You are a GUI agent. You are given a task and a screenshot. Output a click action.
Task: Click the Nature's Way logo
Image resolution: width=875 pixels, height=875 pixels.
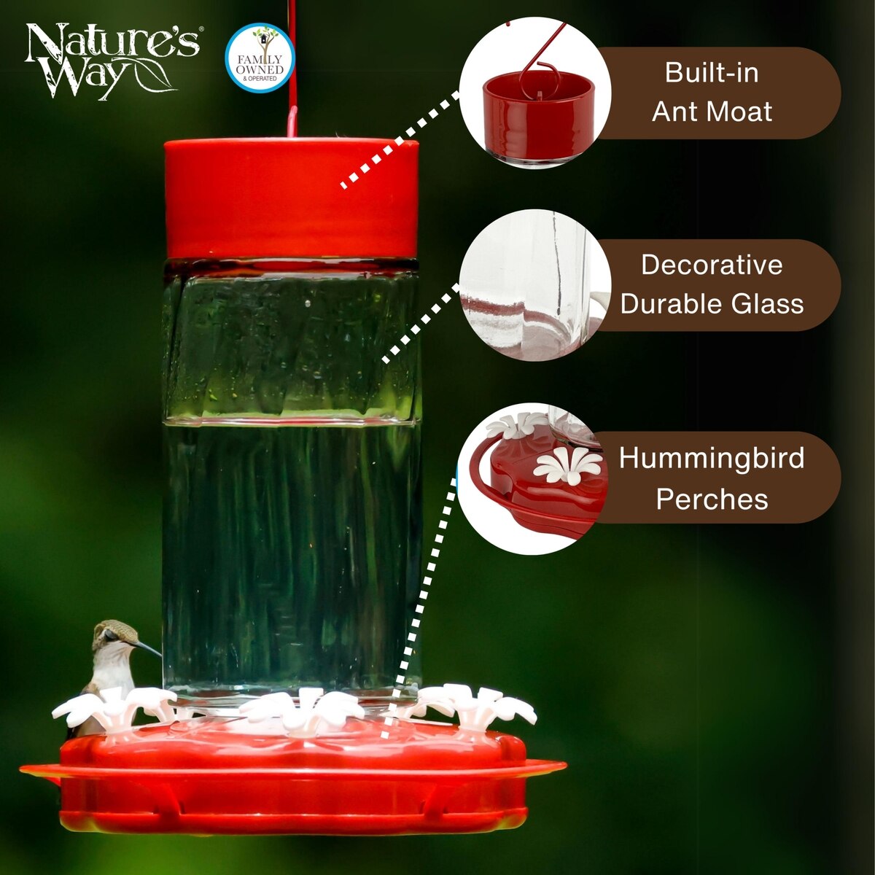pyautogui.click(x=112, y=61)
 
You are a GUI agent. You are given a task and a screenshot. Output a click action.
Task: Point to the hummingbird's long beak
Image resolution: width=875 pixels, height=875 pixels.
pyautogui.click(x=149, y=648)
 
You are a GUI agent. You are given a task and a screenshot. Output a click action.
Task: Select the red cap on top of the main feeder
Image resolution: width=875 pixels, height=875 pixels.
pyautogui.click(x=291, y=199)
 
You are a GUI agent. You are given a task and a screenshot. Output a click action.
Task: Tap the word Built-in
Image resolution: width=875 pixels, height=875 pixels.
pyautogui.click(x=712, y=73)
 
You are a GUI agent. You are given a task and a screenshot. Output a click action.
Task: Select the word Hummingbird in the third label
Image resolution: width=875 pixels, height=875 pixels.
pyautogui.click(x=712, y=458)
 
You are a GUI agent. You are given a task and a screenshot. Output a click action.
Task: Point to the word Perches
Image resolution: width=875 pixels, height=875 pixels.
pyautogui.click(x=712, y=499)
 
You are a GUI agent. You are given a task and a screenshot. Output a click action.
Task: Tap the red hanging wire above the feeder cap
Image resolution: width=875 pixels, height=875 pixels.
pyautogui.click(x=295, y=68)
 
